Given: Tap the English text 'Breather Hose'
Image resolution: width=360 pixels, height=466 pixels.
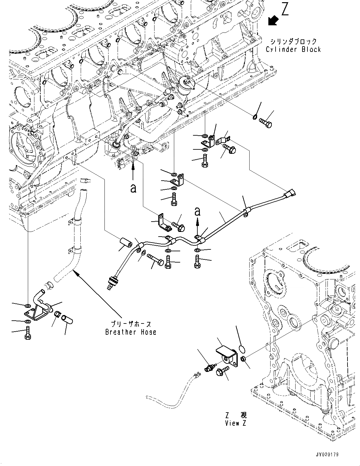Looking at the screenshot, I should click(x=131, y=332).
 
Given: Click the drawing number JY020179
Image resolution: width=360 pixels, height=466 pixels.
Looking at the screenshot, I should click(x=327, y=454).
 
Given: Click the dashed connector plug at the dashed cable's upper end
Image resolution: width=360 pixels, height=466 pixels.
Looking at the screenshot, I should click(x=197, y=373).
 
